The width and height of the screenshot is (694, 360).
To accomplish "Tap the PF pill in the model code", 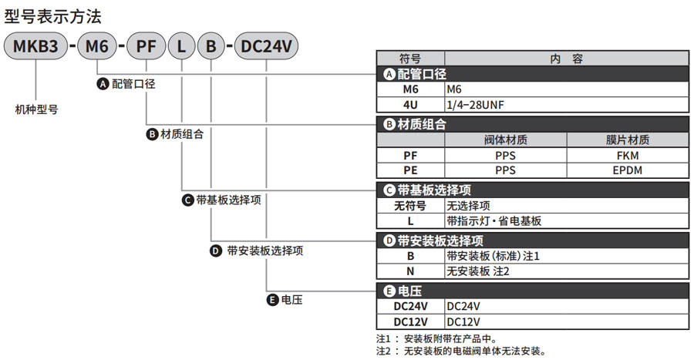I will click(x=146, y=47).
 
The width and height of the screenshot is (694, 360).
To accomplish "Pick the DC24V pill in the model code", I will click(x=266, y=47).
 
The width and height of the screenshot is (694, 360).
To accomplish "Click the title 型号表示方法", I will click(x=52, y=15).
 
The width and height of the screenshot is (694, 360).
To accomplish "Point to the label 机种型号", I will click(x=36, y=109).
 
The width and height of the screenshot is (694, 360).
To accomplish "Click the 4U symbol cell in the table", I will click(x=410, y=105).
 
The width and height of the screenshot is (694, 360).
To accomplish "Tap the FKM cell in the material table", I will click(x=628, y=155).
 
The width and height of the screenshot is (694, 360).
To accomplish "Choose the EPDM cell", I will click(x=628, y=170).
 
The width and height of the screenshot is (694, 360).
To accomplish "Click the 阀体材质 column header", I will click(x=505, y=140).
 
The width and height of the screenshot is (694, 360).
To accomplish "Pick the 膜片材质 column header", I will click(x=628, y=140).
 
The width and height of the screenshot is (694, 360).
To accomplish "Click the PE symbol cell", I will click(x=410, y=170).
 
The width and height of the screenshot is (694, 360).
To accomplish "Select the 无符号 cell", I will click(x=410, y=206).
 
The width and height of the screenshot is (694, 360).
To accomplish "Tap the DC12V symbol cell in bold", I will click(x=410, y=321).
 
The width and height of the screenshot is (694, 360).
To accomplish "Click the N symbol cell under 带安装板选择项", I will click(x=410, y=271).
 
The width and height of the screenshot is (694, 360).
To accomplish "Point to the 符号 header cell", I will click(x=410, y=58).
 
